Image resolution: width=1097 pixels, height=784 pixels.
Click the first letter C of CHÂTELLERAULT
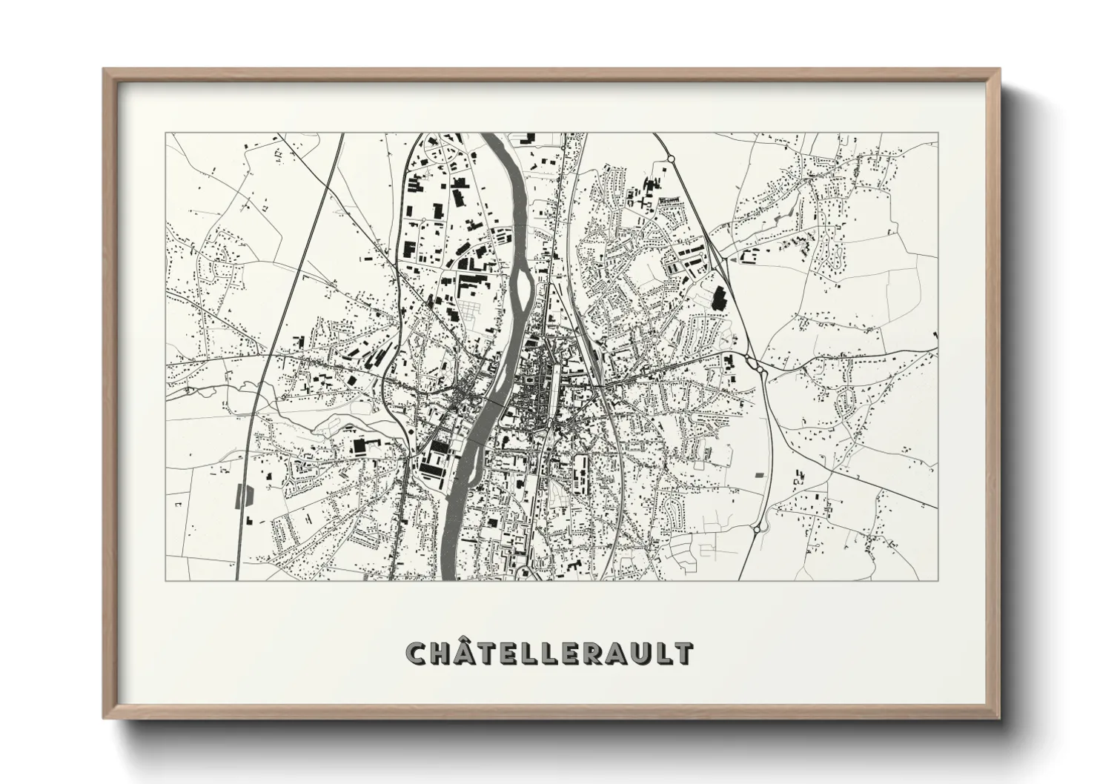[417, 654]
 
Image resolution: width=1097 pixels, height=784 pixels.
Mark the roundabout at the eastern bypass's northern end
[670, 158]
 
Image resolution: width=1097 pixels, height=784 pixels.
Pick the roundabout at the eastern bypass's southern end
[757, 529]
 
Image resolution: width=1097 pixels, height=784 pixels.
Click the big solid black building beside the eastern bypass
[717, 299]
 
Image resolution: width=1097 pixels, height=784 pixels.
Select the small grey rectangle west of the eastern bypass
[758, 474]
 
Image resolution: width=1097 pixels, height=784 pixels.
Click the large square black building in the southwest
[360, 445]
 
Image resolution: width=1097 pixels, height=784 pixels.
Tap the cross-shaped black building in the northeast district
[652, 186]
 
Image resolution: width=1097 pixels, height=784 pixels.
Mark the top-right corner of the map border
[938, 133]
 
